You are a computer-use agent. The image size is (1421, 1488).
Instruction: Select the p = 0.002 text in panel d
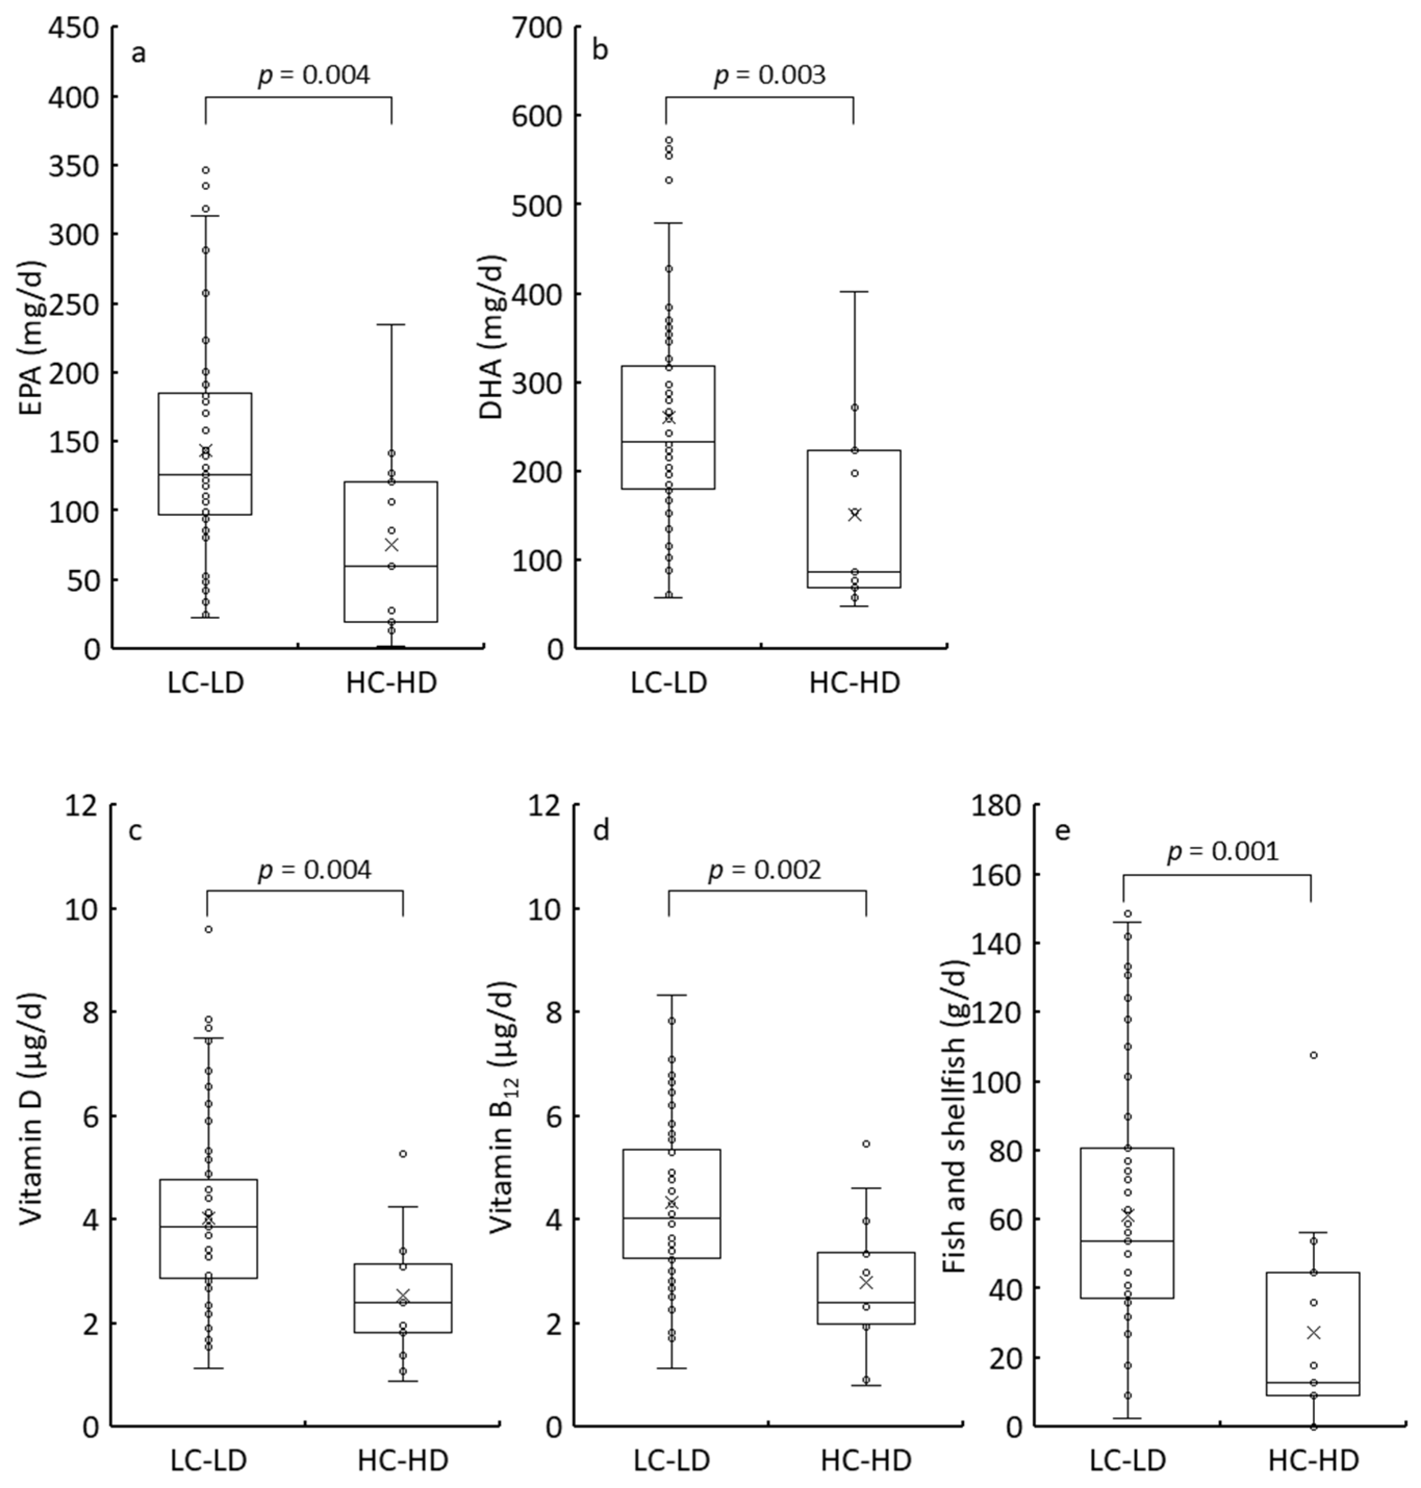point(764,871)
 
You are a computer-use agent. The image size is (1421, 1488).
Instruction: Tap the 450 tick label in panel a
point(73,28)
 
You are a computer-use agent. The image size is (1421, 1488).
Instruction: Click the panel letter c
point(136,831)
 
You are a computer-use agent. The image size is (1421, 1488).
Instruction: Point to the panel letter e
point(1062,831)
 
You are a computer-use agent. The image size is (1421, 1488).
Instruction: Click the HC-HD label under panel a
point(392,683)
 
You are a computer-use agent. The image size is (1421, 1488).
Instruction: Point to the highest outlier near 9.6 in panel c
point(208,930)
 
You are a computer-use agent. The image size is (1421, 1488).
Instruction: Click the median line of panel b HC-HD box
point(854,572)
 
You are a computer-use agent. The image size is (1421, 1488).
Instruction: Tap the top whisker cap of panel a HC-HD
point(391,325)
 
